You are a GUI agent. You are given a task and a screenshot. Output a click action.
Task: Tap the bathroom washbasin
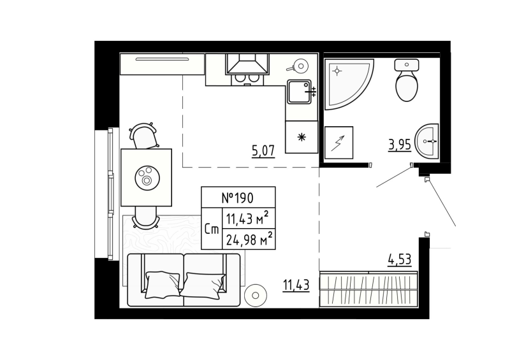coord(427,141)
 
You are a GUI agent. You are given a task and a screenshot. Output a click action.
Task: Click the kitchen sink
coord(299,93)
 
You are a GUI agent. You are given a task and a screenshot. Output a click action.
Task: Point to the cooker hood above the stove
coord(247,64)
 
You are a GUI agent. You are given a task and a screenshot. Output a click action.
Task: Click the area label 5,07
coord(263,151)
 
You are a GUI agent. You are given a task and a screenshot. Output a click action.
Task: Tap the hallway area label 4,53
coord(400,259)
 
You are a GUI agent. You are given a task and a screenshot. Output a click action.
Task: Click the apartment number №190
coord(238,198)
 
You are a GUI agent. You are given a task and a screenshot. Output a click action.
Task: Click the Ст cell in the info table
coord(212,228)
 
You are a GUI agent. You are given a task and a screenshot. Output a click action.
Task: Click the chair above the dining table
coord(144,135)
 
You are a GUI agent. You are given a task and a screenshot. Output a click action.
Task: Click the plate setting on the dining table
coord(147,176)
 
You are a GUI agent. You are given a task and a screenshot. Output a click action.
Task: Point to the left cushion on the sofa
coord(163,282)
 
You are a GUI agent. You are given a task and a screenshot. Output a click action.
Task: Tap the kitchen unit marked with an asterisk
coord(300,138)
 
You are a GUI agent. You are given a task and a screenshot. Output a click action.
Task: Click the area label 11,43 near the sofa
coord(296,285)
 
